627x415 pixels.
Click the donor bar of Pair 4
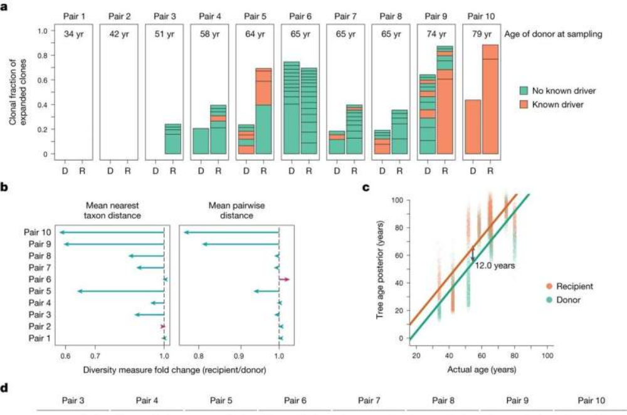click(201, 141)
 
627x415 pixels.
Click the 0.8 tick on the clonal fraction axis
click(45, 55)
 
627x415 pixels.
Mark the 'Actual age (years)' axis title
click(480, 369)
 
